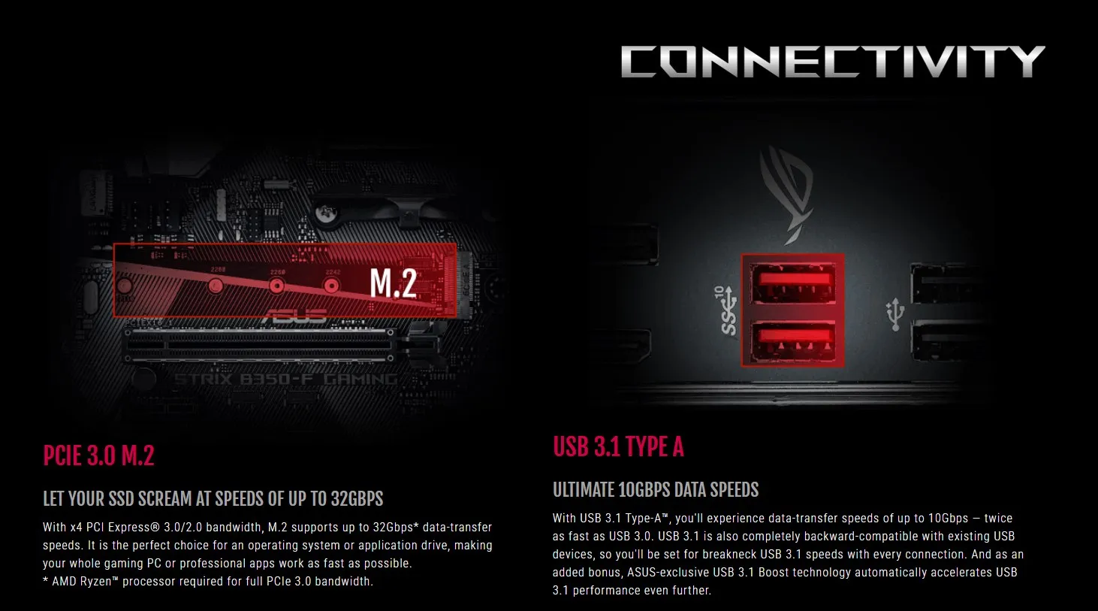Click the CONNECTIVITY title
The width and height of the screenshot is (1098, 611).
coord(832,62)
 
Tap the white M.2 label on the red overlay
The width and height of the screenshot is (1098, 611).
coord(393,283)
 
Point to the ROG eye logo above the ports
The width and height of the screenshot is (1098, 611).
coord(786,192)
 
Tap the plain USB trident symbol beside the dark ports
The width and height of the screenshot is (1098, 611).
coord(894,313)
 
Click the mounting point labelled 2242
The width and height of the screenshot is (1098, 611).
coord(331,286)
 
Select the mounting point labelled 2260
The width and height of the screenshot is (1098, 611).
coord(276,286)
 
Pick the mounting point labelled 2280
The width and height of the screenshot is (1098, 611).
coord(216,285)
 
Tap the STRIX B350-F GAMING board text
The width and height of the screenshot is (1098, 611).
coord(285,380)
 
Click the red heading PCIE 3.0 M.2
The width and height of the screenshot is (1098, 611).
coord(98,456)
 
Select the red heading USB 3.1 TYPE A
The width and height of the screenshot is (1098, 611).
coord(618,447)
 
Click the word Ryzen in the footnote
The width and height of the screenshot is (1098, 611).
coord(95,581)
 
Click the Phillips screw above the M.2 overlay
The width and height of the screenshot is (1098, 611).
coord(325,214)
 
